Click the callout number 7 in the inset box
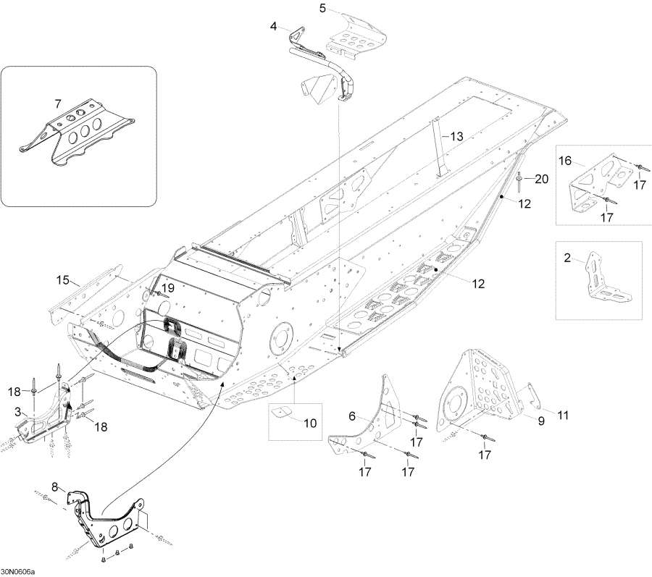57,104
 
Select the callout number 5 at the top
323,9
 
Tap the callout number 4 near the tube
274,27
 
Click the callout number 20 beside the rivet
543,178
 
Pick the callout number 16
565,159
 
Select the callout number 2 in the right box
567,256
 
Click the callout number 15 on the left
63,279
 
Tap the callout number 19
167,288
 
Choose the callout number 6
352,416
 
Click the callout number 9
540,418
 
